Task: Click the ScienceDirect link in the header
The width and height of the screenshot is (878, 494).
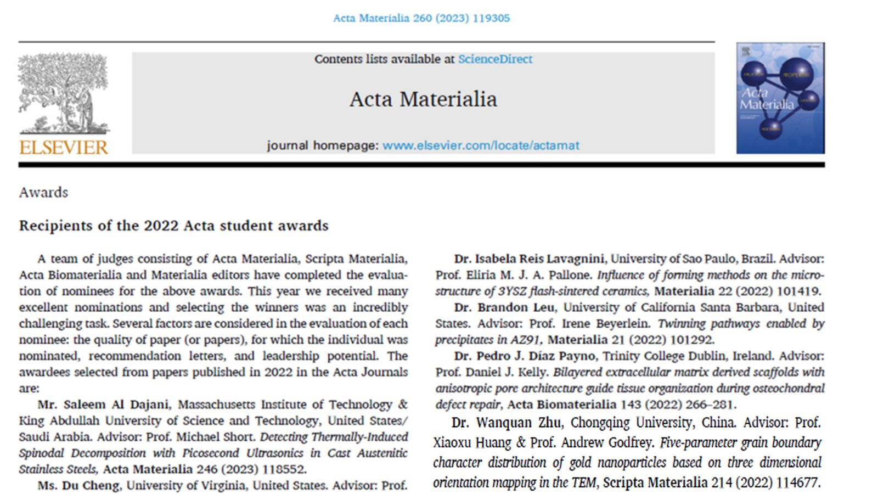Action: click(x=495, y=59)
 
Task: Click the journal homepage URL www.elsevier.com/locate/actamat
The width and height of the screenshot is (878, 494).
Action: click(x=481, y=145)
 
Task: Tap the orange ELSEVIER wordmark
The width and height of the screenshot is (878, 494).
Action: click(x=64, y=147)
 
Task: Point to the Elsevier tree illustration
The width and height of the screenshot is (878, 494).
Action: click(x=64, y=93)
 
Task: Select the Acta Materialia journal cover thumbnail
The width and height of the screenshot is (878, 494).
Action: click(x=780, y=98)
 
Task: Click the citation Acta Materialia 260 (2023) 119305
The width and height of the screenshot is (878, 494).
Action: click(x=421, y=18)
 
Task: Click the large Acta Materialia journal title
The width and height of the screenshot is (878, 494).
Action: click(x=423, y=99)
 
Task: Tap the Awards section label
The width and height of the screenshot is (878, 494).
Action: click(x=43, y=193)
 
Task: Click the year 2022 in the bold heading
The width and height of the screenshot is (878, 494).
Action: click(x=162, y=226)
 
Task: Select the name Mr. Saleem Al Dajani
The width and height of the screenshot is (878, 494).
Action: click(x=103, y=405)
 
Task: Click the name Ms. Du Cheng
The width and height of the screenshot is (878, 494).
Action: click(x=78, y=486)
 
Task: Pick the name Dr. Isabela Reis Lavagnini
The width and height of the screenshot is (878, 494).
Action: click(x=529, y=259)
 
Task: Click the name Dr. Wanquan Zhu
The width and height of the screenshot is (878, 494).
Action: click(x=506, y=423)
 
